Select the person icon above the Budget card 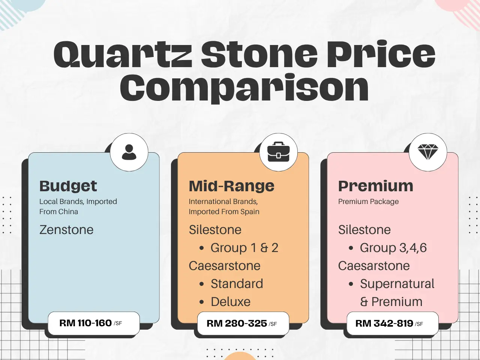tap(129, 152)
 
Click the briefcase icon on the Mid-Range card tap(278, 152)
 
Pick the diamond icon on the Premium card tap(427, 152)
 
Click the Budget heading tap(68, 186)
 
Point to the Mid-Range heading tap(231, 186)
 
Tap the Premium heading tap(375, 186)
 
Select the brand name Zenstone tap(66, 229)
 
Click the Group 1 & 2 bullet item tap(244, 247)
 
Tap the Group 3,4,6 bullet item tap(393, 247)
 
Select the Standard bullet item tap(237, 283)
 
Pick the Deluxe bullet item tap(230, 301)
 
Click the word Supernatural tap(397, 283)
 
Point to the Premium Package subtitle tap(368, 201)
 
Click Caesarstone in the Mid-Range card tap(224, 265)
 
